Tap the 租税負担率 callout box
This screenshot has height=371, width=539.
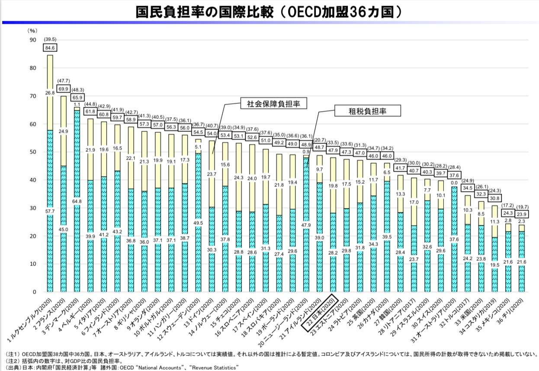368,111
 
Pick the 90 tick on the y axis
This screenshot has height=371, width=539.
33,40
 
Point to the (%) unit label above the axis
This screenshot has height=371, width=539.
33,31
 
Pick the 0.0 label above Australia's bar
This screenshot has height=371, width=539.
454,183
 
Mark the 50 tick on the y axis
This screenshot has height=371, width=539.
33,152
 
